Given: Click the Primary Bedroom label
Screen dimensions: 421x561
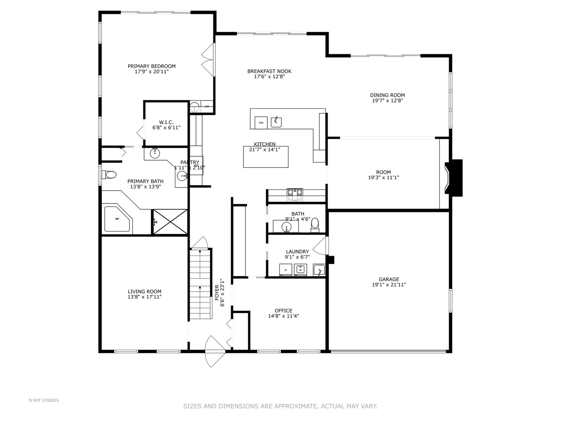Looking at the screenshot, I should tap(152, 66).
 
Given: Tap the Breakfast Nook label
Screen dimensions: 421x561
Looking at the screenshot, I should tap(269, 71).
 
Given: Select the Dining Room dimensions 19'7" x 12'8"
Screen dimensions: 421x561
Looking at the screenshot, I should tap(387, 101).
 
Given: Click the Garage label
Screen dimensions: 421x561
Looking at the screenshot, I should tap(389, 279).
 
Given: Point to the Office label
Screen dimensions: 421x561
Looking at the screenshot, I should tap(283, 311).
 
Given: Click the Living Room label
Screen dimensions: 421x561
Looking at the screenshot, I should tap(145, 292).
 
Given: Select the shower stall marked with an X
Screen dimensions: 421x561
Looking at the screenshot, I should tap(170, 221).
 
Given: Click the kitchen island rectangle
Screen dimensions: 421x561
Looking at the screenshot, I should tap(266, 157).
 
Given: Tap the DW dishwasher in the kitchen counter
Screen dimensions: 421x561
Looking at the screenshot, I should tap(261, 123).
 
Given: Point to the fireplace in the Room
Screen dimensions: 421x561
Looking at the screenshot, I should tap(453, 178).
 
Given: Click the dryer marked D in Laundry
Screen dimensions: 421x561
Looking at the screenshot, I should tap(286, 270).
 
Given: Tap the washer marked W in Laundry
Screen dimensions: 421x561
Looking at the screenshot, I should tap(300, 269).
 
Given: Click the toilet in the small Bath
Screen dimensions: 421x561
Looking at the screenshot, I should tap(315, 225).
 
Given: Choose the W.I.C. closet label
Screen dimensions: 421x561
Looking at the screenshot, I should tap(166, 122).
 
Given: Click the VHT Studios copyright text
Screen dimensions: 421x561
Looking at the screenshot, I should tap(44, 400).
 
